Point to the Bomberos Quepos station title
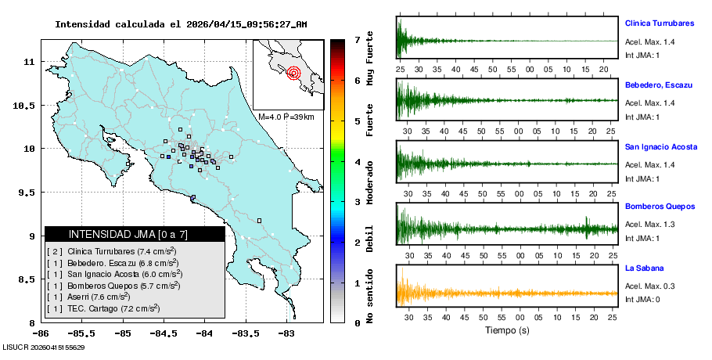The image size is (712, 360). click(x=660, y=207)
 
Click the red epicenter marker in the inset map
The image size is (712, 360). click(x=294, y=74)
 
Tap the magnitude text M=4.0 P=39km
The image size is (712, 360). click(x=286, y=117)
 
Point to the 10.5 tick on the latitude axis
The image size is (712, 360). click(x=23, y=105)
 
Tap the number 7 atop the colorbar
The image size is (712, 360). click(x=356, y=39)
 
